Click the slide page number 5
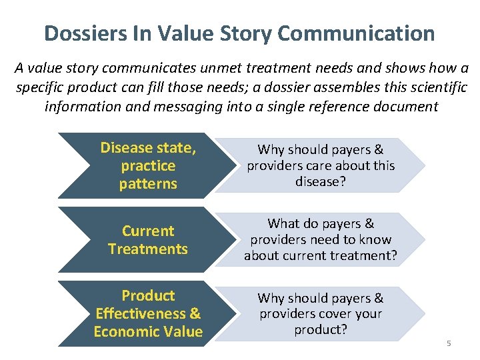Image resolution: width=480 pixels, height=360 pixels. click(449, 343)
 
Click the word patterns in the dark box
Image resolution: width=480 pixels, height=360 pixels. click(148, 183)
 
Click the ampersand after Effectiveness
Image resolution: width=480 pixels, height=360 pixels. click(195, 313)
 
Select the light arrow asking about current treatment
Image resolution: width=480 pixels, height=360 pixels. click(320, 240)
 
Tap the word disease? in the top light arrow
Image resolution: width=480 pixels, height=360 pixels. click(321, 181)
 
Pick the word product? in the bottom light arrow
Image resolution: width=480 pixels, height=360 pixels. click(321, 330)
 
